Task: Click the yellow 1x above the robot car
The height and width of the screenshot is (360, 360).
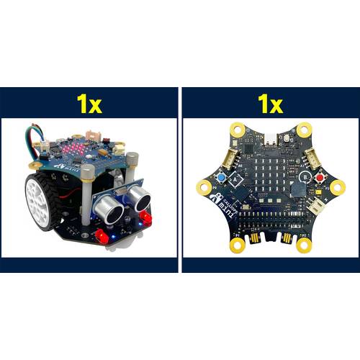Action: point(89,103)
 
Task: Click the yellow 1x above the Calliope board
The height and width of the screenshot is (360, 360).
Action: point(270,103)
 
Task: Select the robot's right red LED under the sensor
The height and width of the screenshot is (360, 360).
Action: point(146,217)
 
